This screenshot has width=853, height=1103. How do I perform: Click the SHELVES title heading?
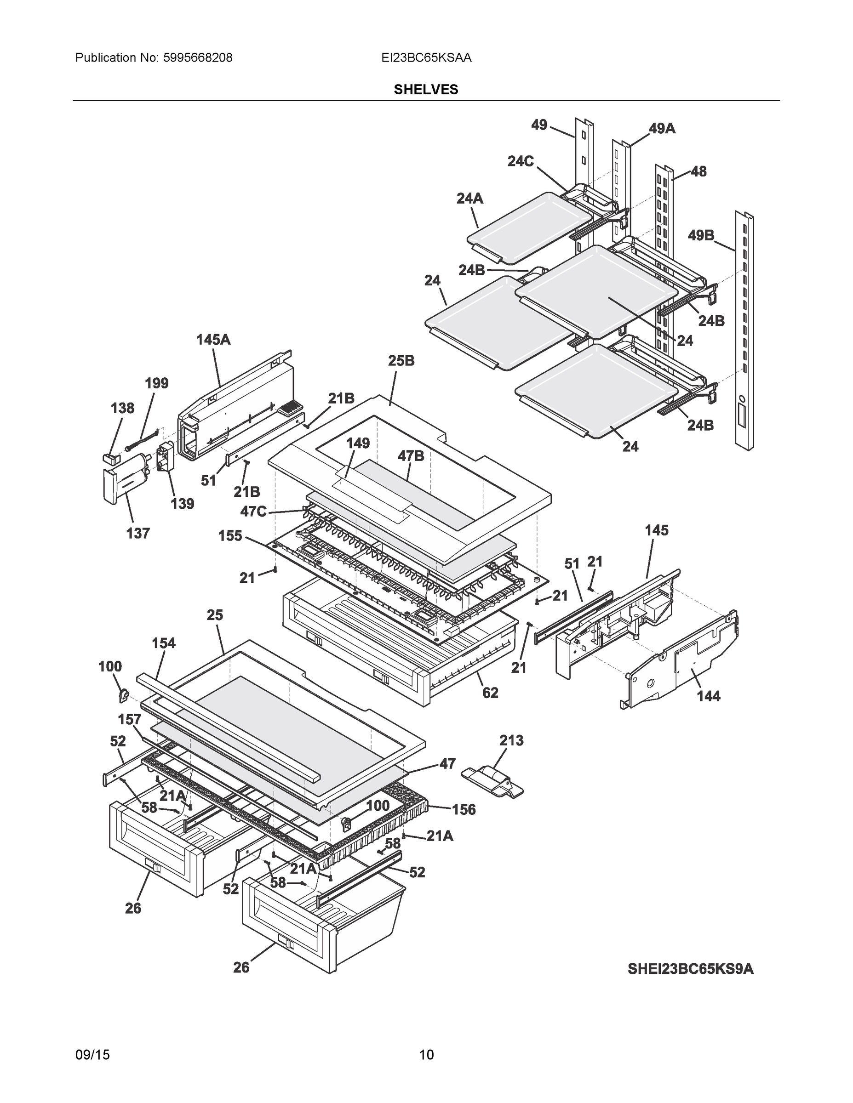425,90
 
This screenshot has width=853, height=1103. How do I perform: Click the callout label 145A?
213,340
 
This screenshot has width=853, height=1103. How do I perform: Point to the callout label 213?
511,740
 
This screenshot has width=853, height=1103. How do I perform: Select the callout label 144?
708,696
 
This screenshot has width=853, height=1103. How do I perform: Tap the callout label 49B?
700,235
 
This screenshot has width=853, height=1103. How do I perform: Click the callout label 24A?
469,199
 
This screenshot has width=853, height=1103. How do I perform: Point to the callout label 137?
137,533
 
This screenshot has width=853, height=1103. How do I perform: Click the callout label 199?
157,383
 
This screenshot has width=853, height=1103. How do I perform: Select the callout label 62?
490,693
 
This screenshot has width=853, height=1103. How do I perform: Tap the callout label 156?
464,810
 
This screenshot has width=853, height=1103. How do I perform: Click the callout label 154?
164,643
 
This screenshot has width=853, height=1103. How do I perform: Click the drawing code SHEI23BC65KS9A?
690,969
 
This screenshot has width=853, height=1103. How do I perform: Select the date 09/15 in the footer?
92,1055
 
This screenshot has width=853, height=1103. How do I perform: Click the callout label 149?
358,443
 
